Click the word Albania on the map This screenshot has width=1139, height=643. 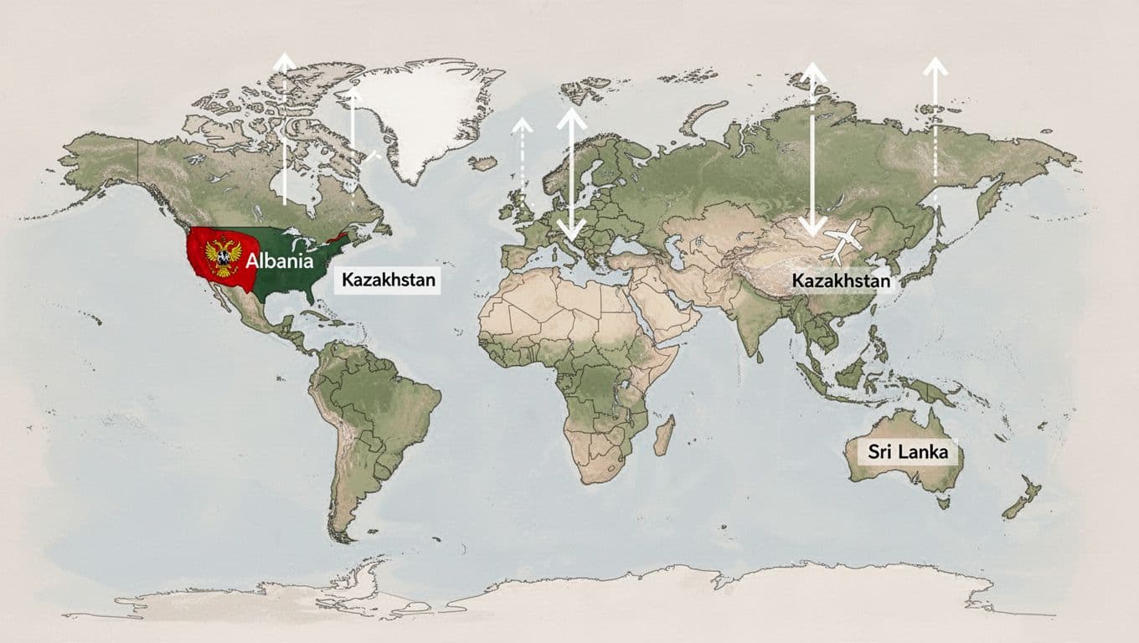tap(278, 260)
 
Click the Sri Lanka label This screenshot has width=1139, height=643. tap(908, 452)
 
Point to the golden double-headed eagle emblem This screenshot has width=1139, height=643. tap(223, 256)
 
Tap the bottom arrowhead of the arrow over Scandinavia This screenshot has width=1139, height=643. tap(572, 229)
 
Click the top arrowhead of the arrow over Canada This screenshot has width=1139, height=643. tap(285, 60)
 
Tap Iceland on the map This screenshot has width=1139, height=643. tap(483, 163)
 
